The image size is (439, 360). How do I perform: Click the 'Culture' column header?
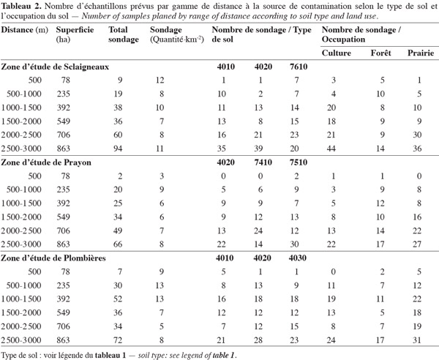point(337,53)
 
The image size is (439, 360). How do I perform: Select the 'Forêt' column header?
point(380,53)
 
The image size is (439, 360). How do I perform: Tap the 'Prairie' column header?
point(421,53)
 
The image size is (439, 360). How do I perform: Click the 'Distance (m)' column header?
point(25,30)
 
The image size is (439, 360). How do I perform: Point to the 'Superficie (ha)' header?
point(75,34)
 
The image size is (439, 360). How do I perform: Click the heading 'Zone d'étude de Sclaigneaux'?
point(55,67)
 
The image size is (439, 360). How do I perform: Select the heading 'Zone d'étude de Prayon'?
point(46,162)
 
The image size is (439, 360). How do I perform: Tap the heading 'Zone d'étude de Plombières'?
point(53,258)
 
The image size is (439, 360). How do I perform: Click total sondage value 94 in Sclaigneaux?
point(118,149)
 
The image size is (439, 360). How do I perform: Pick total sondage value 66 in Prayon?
point(118,244)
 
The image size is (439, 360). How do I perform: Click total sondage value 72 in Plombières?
point(118,340)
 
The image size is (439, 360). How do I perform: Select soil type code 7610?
point(299,67)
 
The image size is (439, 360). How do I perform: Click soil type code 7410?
point(263,162)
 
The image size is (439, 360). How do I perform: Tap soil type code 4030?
point(297,258)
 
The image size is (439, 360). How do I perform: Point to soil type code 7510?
point(299,162)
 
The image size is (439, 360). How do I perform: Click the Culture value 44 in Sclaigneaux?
point(331,149)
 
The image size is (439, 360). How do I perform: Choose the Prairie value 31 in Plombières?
point(417,340)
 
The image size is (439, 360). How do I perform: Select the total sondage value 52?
point(118,299)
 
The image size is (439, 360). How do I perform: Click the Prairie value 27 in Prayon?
point(417,244)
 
